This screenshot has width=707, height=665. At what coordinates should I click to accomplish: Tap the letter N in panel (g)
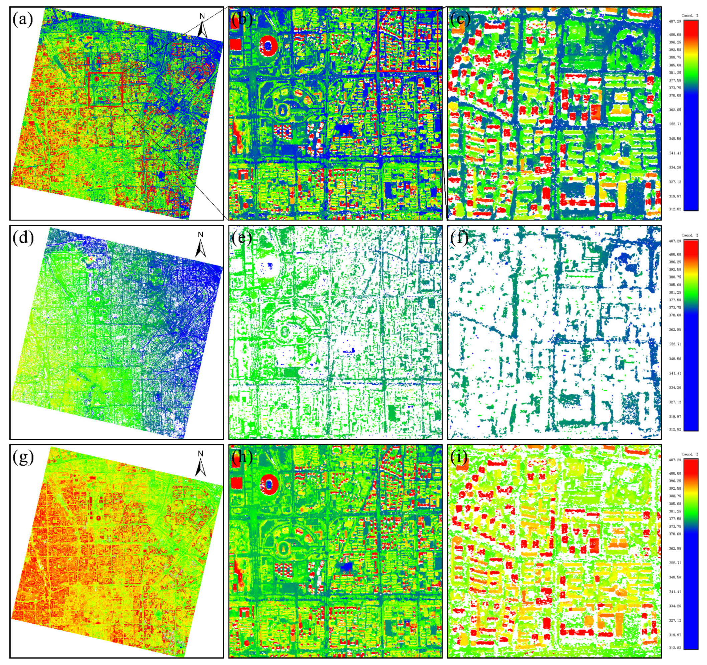coord(201,454)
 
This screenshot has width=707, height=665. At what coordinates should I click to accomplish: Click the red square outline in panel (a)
coord(105,89)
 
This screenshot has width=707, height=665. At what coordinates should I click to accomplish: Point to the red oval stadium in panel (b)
coord(269,45)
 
